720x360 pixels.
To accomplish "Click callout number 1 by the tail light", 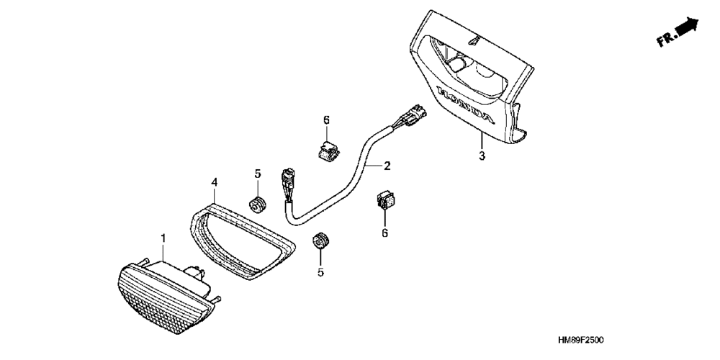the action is point(163,237).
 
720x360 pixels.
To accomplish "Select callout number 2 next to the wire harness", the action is point(387,166).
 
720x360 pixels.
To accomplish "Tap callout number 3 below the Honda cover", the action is point(482,156).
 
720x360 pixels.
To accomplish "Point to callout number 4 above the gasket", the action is point(214,184).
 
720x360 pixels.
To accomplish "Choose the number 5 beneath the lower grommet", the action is point(320,272).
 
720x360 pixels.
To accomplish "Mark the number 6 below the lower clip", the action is point(384,233).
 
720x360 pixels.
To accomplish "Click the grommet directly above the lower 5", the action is point(320,242).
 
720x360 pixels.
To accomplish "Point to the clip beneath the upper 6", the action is point(326,151).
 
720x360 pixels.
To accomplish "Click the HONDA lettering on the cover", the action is point(467,104).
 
